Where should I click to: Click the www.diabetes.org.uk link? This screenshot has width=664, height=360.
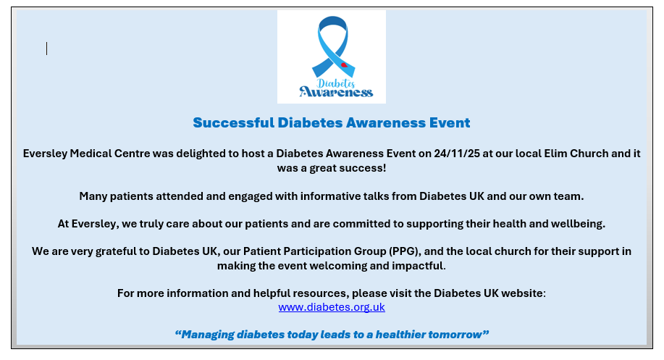click(332, 307)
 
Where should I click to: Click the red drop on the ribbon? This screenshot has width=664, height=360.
click(344, 64)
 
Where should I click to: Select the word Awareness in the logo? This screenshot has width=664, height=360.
click(336, 91)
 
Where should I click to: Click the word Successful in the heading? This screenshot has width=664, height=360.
click(233, 122)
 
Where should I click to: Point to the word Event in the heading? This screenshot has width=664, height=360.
click(450, 122)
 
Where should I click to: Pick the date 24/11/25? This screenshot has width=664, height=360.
click(457, 154)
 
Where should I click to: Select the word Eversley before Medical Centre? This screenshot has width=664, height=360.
click(45, 154)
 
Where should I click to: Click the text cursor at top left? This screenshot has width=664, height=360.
click(46, 49)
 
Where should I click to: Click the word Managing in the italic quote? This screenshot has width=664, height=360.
click(208, 335)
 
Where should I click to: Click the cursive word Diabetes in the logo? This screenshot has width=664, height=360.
click(336, 83)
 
